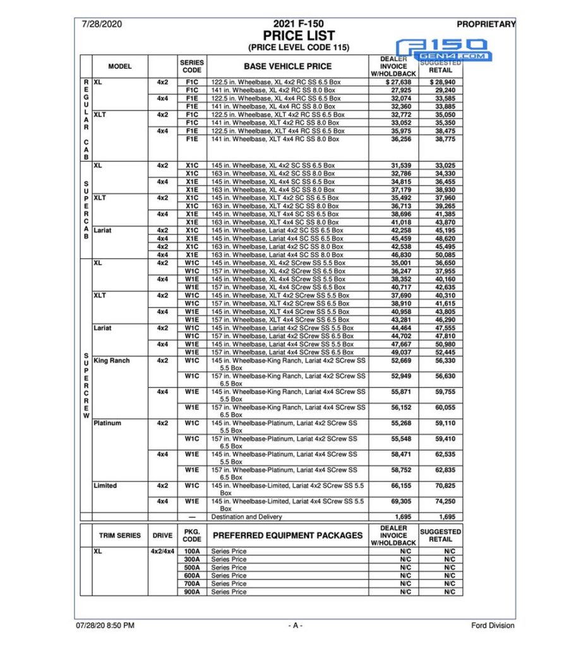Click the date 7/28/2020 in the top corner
tap(102, 25)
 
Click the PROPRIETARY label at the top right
tap(486, 25)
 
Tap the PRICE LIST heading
tap(299, 36)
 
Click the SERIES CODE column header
tap(192, 66)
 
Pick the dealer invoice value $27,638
tap(398, 82)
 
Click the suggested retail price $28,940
tap(442, 82)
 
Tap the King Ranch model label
tap(111, 361)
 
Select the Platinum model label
tap(107, 423)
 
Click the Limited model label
tap(105, 486)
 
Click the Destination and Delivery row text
tap(246, 517)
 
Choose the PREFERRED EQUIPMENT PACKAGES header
tap(287, 535)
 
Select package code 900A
tap(192, 592)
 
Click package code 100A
tap(192, 551)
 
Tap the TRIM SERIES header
tap(120, 535)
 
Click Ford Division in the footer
tap(493, 626)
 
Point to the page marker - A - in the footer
tap(296, 626)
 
